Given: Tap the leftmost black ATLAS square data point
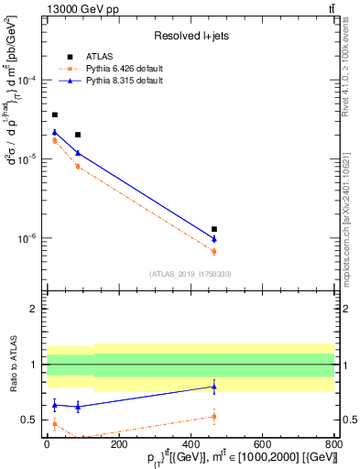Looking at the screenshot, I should point(55,115).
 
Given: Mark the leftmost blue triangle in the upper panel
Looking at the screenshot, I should point(55,132).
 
